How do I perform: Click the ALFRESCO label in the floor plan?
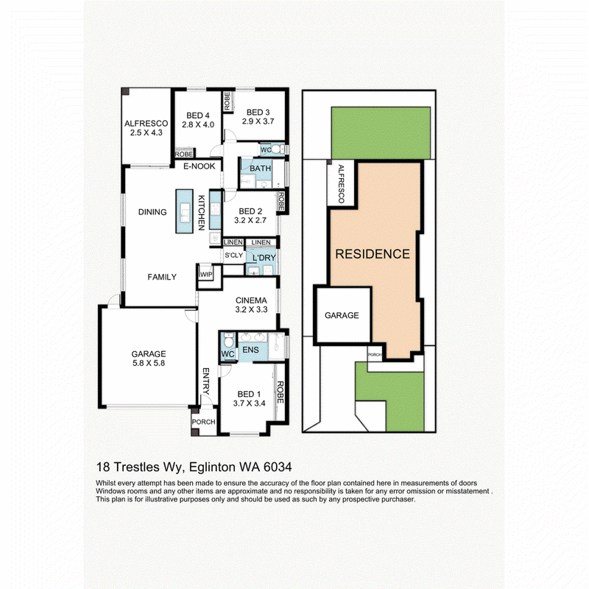point(146,123)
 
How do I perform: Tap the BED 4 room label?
point(198,116)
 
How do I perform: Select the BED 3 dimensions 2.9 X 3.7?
point(258,121)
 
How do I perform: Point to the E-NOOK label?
point(199,166)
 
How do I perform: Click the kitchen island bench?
point(185,211)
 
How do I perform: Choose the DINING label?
point(152,212)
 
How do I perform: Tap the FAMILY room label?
point(162,277)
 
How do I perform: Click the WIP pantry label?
point(206,275)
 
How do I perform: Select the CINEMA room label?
point(251,300)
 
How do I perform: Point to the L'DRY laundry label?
point(264,258)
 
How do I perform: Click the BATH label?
point(261,169)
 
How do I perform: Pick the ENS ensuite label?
point(250,350)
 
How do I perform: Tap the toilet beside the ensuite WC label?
point(228,341)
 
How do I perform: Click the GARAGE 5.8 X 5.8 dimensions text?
point(149,363)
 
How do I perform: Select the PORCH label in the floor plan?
point(204,422)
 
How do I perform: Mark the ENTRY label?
point(206,381)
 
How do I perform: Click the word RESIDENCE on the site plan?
point(373,254)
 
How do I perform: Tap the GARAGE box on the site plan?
point(343,315)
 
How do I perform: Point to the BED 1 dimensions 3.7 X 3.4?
point(249,403)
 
